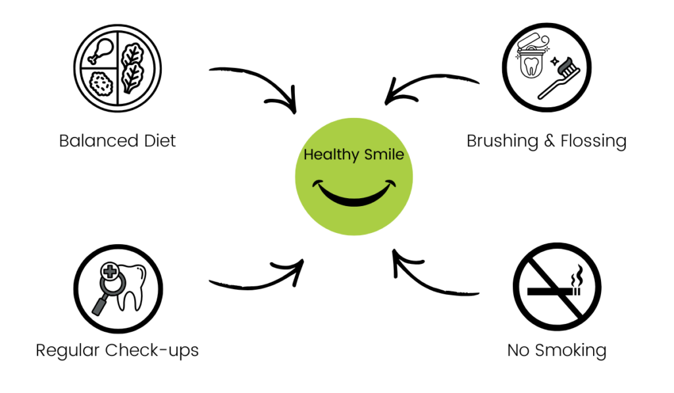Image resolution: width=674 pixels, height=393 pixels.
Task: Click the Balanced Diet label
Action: click(x=118, y=141)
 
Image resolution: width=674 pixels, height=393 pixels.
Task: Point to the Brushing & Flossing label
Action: click(x=546, y=141)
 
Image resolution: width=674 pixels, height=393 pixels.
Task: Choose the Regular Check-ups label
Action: click(x=117, y=350)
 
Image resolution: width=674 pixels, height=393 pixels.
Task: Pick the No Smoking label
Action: click(x=556, y=350)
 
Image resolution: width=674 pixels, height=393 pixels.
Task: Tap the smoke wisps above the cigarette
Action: click(x=577, y=276)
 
